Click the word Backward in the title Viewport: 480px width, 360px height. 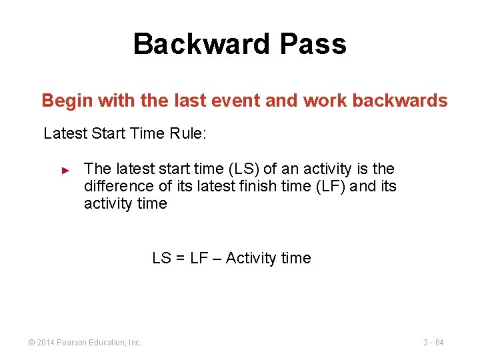coord(201,45)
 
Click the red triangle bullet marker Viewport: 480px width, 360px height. coord(65,171)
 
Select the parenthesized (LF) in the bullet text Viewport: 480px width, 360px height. coord(331,187)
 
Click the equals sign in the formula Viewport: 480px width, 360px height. coord(180,258)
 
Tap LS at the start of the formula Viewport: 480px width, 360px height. coord(162,258)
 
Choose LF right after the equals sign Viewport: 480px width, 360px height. coord(199,258)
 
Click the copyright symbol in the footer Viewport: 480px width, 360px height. coord(31,343)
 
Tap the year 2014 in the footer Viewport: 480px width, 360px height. coord(45,343)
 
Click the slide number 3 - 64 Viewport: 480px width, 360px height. coord(433,343)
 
